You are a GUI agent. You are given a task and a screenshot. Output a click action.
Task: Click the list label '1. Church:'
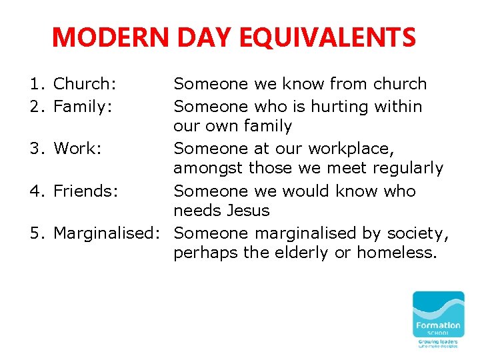click(73, 84)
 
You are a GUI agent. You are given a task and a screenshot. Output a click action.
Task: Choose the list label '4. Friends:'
click(73, 191)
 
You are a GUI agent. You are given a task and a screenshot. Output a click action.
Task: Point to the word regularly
click(404, 168)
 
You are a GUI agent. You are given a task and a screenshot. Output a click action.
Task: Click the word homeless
click(396, 253)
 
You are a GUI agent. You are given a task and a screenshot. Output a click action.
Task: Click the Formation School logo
click(438, 319)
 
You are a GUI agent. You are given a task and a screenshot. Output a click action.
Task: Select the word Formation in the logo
click(438, 325)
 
